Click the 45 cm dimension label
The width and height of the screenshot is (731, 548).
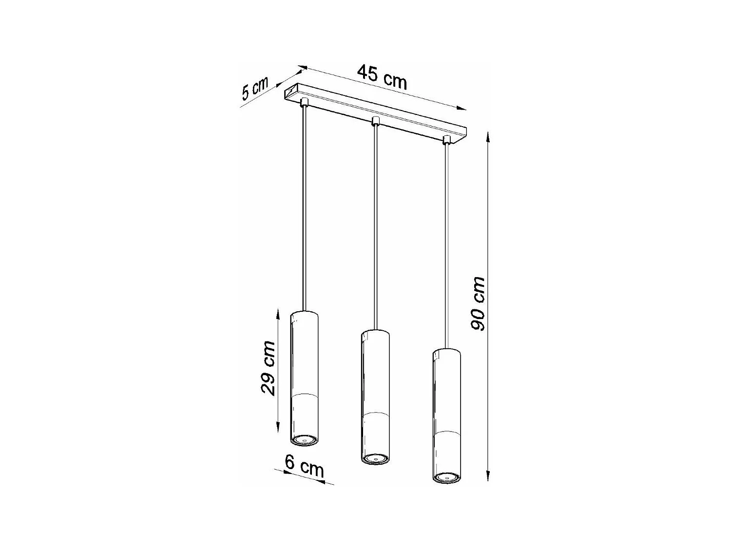click(x=382, y=77)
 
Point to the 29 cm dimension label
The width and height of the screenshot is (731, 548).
click(x=268, y=368)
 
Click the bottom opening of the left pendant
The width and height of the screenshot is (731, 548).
click(x=305, y=440)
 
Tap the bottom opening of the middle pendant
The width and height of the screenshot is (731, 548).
click(x=375, y=458)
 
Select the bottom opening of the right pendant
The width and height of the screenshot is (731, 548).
click(x=446, y=477)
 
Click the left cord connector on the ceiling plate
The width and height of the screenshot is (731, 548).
click(x=305, y=101)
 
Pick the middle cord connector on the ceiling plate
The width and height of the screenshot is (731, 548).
click(x=375, y=120)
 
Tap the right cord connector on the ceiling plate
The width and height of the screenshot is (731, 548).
click(x=445, y=140)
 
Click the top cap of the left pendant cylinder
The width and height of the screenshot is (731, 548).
click(x=305, y=313)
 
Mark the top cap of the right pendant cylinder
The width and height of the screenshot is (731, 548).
click(x=446, y=352)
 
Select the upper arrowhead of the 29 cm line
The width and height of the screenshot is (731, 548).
click(x=277, y=310)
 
